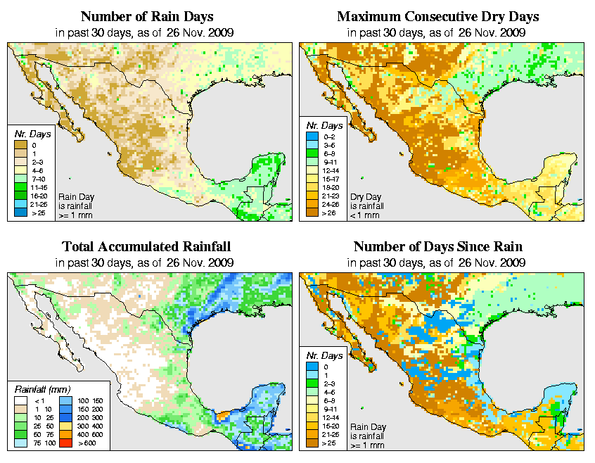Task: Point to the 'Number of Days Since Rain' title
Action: (x=437, y=247)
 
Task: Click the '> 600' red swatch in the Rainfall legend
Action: (x=62, y=444)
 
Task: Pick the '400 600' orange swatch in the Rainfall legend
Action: (x=62, y=436)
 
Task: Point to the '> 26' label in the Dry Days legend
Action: (x=328, y=213)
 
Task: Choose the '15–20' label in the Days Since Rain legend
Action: (x=328, y=426)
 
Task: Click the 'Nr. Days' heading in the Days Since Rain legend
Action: (x=327, y=356)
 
